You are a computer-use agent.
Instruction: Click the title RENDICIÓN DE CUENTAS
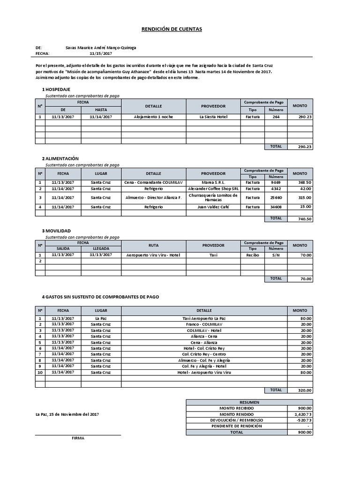tap(172, 29)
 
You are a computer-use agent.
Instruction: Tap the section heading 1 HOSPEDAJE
tap(56, 89)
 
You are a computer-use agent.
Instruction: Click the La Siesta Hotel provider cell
tap(213, 117)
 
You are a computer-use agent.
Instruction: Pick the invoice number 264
tap(276, 117)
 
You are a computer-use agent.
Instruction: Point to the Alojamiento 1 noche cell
tap(153, 117)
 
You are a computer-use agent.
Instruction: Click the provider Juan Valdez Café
tap(213, 207)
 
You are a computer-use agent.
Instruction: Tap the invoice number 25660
tap(276, 198)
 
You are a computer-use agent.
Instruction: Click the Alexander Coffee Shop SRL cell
tap(213, 188)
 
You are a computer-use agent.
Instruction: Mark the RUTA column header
tap(153, 245)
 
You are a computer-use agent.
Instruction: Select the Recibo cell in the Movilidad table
tap(253, 255)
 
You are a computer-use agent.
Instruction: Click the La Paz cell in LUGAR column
tap(101, 318)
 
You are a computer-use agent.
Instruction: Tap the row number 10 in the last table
tap(40, 372)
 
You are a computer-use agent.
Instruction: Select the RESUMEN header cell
tap(249, 402)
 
